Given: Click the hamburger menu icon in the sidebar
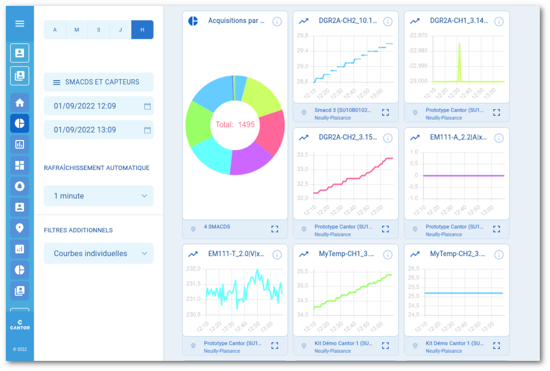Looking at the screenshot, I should point(20,24).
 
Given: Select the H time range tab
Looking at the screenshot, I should point(142,30).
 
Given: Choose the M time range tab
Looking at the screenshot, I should point(77,30).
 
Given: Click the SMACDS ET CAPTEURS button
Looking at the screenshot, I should point(99,82).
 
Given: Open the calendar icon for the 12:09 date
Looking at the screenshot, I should point(147,106).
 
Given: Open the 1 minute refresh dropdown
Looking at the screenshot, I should point(99,196).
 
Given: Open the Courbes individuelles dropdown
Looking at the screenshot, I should point(99,253).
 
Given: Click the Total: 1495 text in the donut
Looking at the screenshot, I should point(235,125).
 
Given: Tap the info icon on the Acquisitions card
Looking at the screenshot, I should point(277,21).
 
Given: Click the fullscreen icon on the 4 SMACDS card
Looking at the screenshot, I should point(274,229).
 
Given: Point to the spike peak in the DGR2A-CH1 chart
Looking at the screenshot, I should point(459,43).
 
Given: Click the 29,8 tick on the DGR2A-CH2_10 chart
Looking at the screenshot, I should point(302,35).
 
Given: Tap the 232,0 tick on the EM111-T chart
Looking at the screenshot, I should point(193,268).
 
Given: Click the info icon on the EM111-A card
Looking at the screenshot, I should point(499,138).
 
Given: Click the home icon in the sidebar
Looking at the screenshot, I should point(20,103).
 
